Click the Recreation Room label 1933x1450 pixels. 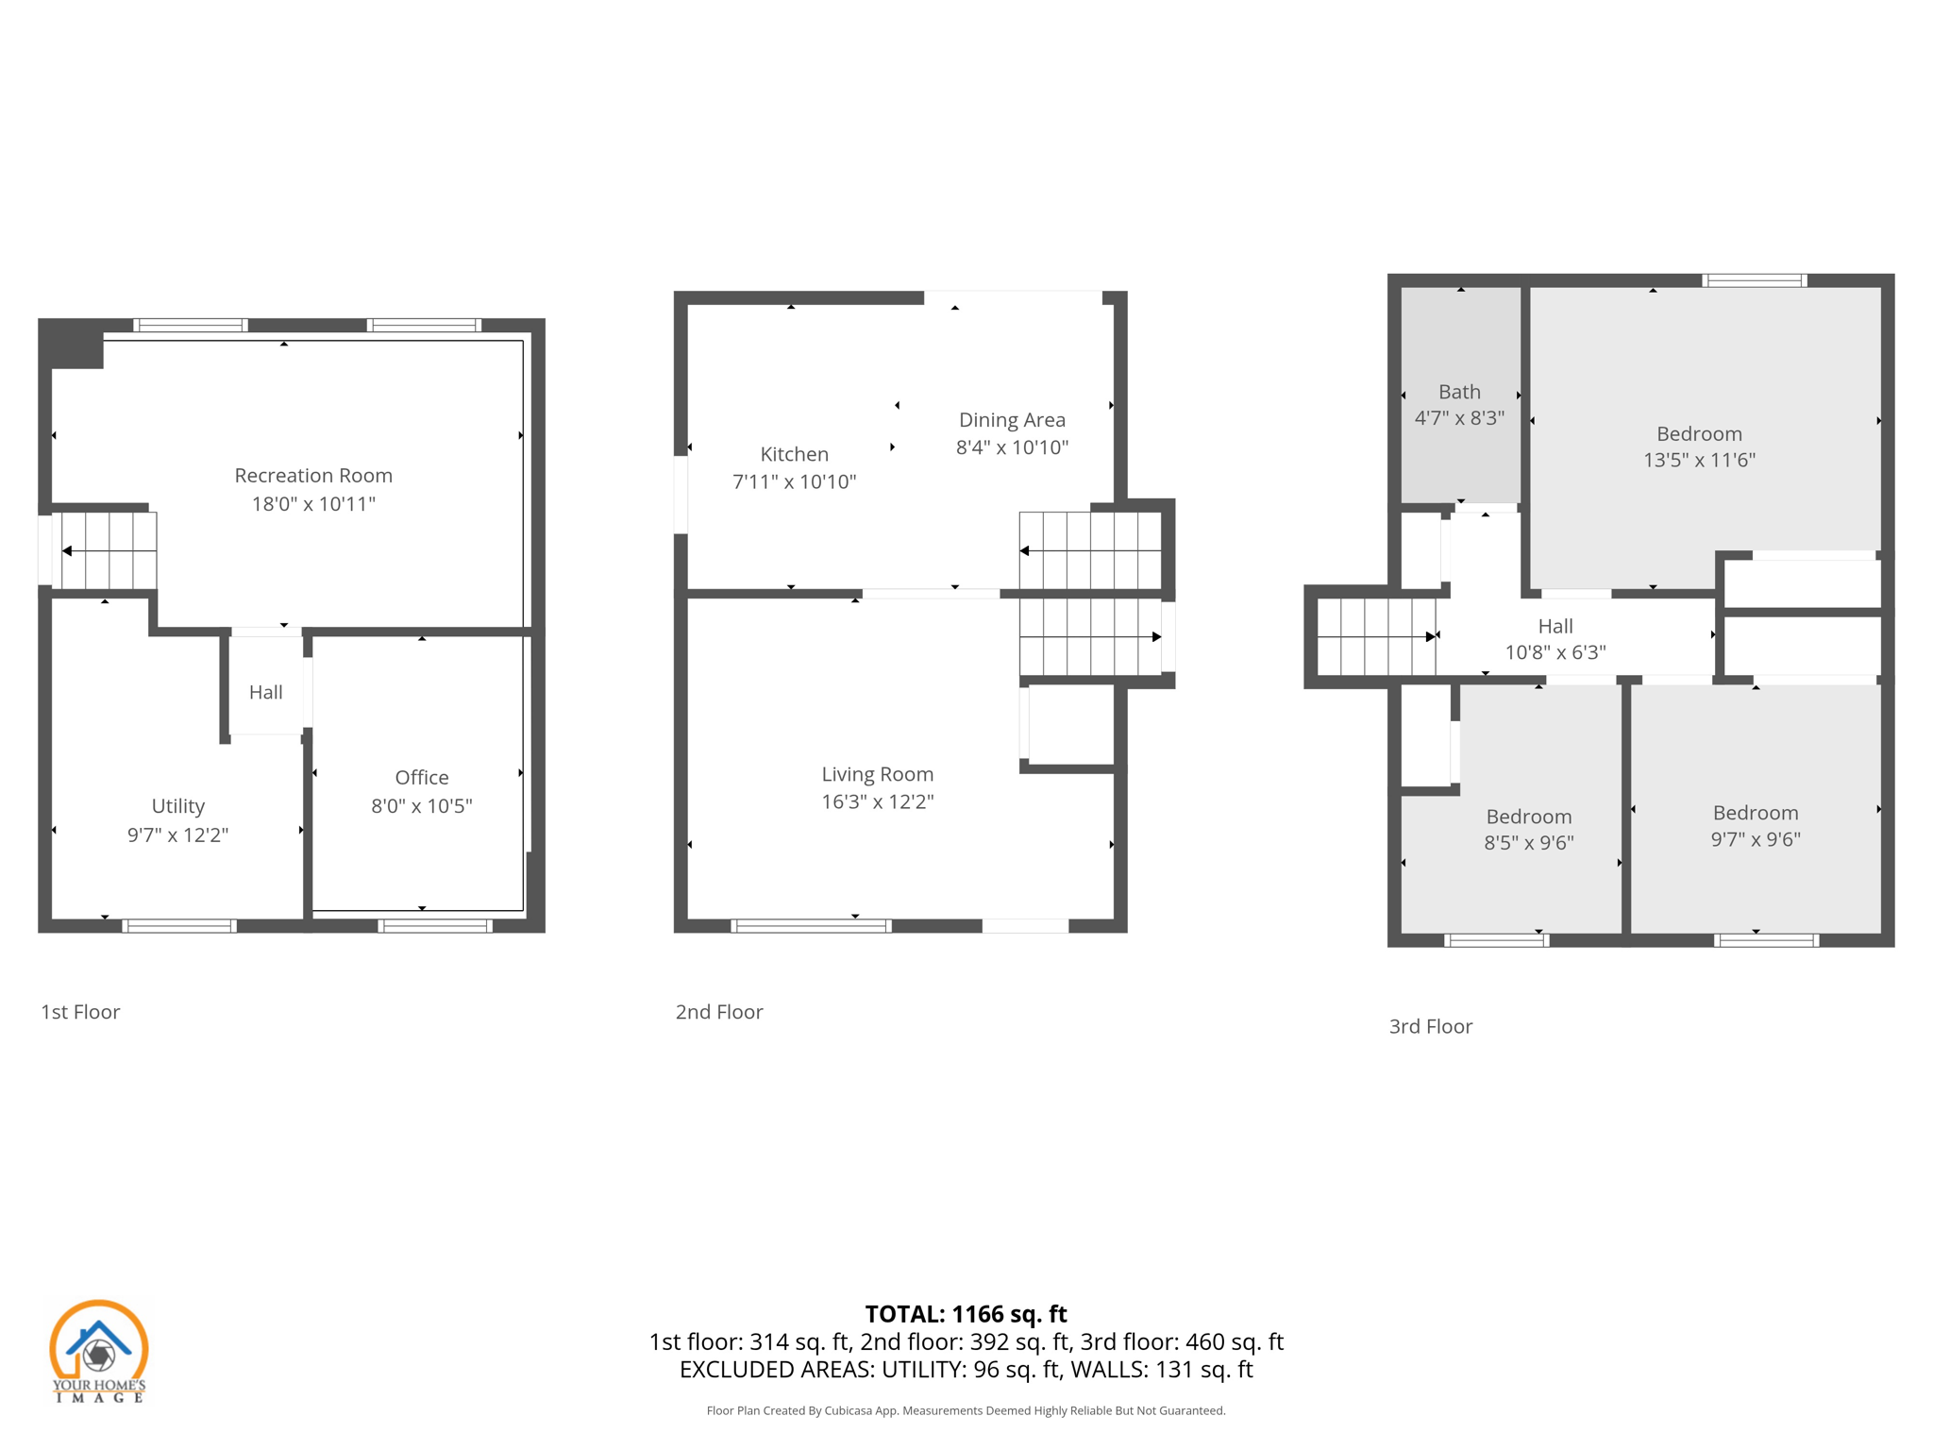point(313,476)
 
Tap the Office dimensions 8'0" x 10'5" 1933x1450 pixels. point(421,806)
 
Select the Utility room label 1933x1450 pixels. point(177,806)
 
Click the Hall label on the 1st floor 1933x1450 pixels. point(265,693)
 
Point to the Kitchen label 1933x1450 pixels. point(794,454)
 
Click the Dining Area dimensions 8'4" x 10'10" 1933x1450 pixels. point(1012,447)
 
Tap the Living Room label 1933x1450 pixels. point(877,774)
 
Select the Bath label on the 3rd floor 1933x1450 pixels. point(1459,392)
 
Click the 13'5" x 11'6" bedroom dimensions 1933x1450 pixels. point(1699,461)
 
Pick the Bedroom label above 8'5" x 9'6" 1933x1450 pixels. point(1528,817)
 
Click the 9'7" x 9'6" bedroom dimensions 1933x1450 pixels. point(1756,839)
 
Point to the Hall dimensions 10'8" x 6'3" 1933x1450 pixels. point(1555,652)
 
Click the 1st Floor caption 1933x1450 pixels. point(80,1012)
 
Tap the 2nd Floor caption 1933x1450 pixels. point(719,1012)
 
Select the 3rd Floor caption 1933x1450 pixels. point(1430,1026)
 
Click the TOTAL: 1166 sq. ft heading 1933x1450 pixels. point(966,1314)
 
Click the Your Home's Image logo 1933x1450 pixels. point(98,1351)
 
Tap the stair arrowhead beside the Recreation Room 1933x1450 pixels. point(67,550)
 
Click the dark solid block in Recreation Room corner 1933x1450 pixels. point(74,346)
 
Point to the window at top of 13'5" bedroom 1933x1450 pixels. point(1754,280)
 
